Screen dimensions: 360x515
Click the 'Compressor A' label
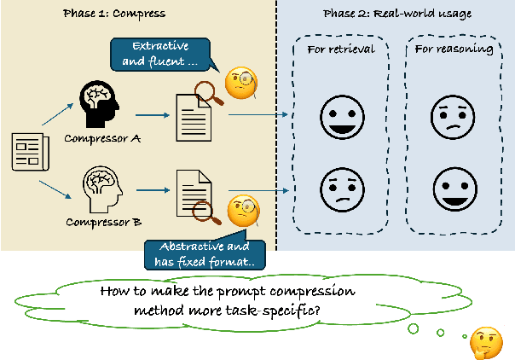pyautogui.click(x=95, y=136)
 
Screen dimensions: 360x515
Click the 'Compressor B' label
pyautogui.click(x=96, y=224)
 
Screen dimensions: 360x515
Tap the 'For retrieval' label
pyautogui.click(x=339, y=49)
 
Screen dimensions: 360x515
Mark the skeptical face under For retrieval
pyautogui.click(x=339, y=188)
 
